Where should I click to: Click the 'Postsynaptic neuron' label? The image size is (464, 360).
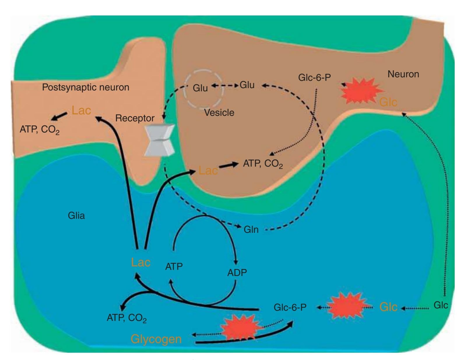85,87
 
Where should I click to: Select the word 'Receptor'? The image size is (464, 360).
135,118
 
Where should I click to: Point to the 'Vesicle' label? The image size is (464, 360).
219,113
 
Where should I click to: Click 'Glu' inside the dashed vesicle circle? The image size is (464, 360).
200,88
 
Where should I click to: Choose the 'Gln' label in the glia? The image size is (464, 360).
251,230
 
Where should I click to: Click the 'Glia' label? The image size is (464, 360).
76,216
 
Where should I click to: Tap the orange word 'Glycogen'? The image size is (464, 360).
156,339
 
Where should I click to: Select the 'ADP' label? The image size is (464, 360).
237,273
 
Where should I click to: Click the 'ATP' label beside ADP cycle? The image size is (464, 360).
174,266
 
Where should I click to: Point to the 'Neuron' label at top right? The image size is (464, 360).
403,74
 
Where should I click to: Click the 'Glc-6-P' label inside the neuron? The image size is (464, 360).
314,78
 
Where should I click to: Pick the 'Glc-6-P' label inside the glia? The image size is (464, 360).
290,307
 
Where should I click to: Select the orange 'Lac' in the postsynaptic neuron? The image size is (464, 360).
81,111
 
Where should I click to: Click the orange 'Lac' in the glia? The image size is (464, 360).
141,263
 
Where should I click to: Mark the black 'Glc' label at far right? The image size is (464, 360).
440,305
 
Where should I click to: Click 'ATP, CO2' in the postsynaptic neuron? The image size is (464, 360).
40,130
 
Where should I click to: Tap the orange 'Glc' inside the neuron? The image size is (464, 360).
388,102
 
